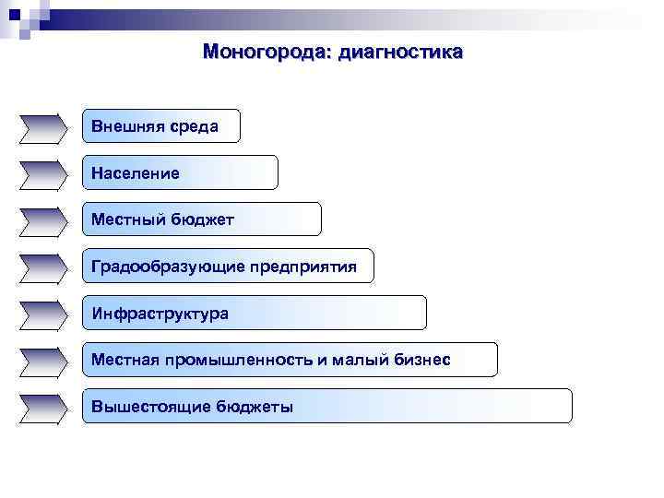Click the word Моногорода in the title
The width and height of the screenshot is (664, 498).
click(267, 52)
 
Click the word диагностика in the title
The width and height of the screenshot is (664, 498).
click(401, 52)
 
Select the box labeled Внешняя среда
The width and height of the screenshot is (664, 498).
click(160, 126)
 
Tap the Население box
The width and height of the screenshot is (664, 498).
click(179, 173)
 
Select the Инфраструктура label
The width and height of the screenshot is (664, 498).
click(160, 314)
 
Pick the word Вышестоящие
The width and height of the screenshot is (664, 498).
click(151, 407)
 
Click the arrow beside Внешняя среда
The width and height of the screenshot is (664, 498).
click(42, 127)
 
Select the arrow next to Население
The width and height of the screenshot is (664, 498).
click(42, 173)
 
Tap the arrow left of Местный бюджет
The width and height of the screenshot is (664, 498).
click(42, 220)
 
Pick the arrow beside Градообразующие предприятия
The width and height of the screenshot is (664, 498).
click(42, 267)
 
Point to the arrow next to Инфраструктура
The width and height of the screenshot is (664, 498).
click(42, 314)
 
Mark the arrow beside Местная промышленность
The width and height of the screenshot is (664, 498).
click(42, 361)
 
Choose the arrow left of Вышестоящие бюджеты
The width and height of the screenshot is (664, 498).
click(42, 408)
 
